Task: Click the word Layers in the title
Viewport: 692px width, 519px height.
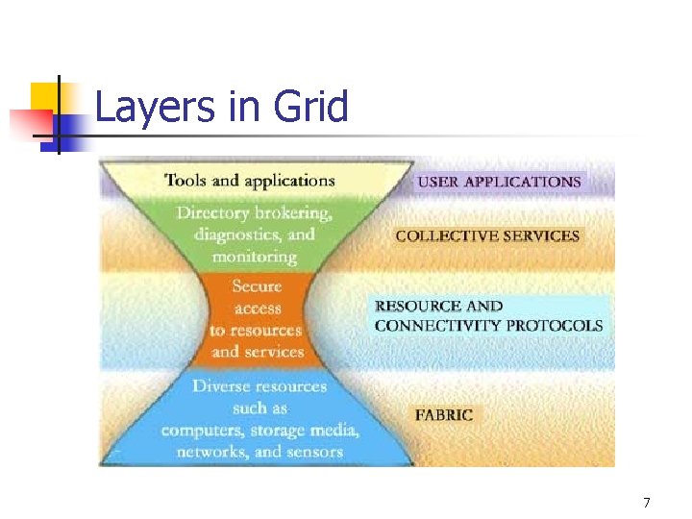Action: [156, 107]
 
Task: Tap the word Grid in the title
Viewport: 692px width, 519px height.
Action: [309, 107]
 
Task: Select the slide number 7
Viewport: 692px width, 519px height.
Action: [647, 503]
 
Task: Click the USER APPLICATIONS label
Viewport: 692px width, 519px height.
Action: [499, 182]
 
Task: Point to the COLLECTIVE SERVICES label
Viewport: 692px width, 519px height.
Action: [487, 235]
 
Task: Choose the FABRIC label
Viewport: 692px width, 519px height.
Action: [444, 415]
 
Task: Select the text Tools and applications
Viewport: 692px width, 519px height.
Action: [250, 180]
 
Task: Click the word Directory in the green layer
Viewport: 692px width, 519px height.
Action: [213, 213]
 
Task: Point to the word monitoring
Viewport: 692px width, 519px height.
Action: [255, 257]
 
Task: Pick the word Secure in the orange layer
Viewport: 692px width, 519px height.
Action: [257, 286]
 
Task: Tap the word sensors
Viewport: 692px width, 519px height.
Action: [311, 452]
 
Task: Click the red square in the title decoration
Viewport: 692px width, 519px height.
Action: [26, 123]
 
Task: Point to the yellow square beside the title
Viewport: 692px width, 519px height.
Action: [45, 97]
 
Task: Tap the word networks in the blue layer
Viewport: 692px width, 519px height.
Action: [211, 452]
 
